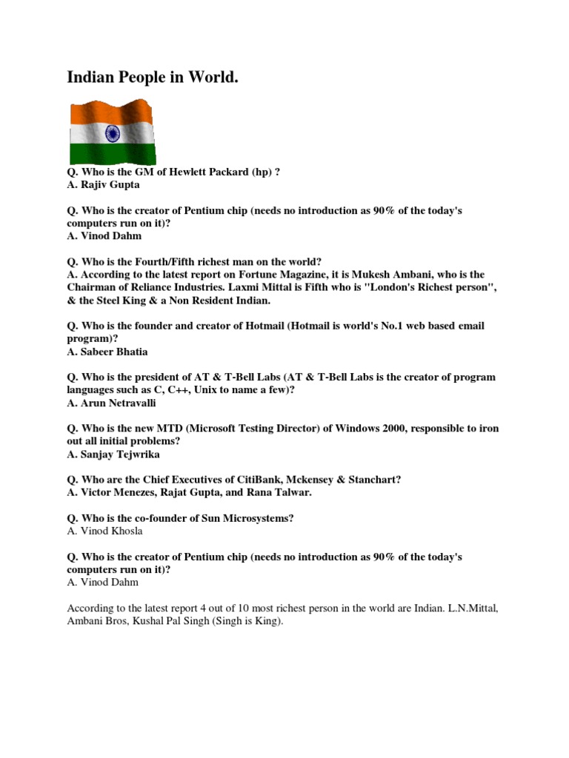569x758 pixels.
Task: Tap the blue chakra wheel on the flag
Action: point(113,134)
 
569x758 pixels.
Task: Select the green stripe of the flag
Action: point(111,153)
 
